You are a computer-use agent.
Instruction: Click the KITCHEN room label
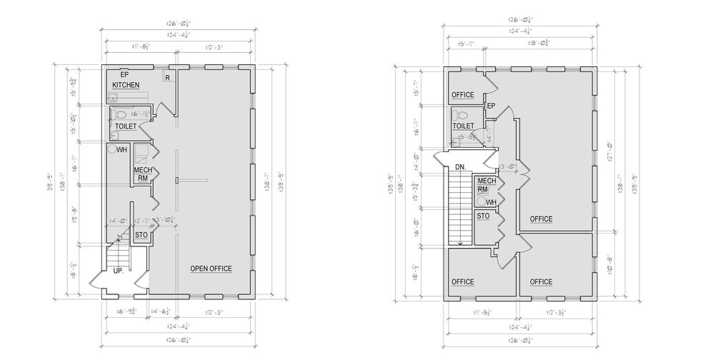[x=125, y=85]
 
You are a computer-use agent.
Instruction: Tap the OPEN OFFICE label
[x=211, y=269]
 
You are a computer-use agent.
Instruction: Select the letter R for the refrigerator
[x=166, y=77]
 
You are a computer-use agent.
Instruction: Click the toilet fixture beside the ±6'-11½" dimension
[x=119, y=114]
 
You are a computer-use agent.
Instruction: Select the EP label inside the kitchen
[x=124, y=74]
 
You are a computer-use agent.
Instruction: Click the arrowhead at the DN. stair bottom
[x=461, y=243]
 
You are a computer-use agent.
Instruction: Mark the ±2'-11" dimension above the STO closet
[x=141, y=221]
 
